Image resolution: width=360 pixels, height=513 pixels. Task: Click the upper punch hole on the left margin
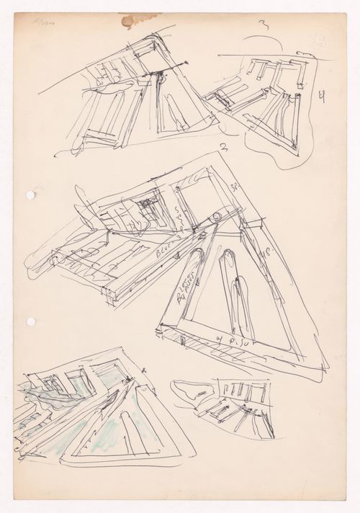pos(30,195)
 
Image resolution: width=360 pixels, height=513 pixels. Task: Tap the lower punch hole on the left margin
pos(30,321)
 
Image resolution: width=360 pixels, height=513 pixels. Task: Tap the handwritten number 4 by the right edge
pos(321,95)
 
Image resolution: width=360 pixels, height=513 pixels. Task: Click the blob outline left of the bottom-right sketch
pos(193,393)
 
